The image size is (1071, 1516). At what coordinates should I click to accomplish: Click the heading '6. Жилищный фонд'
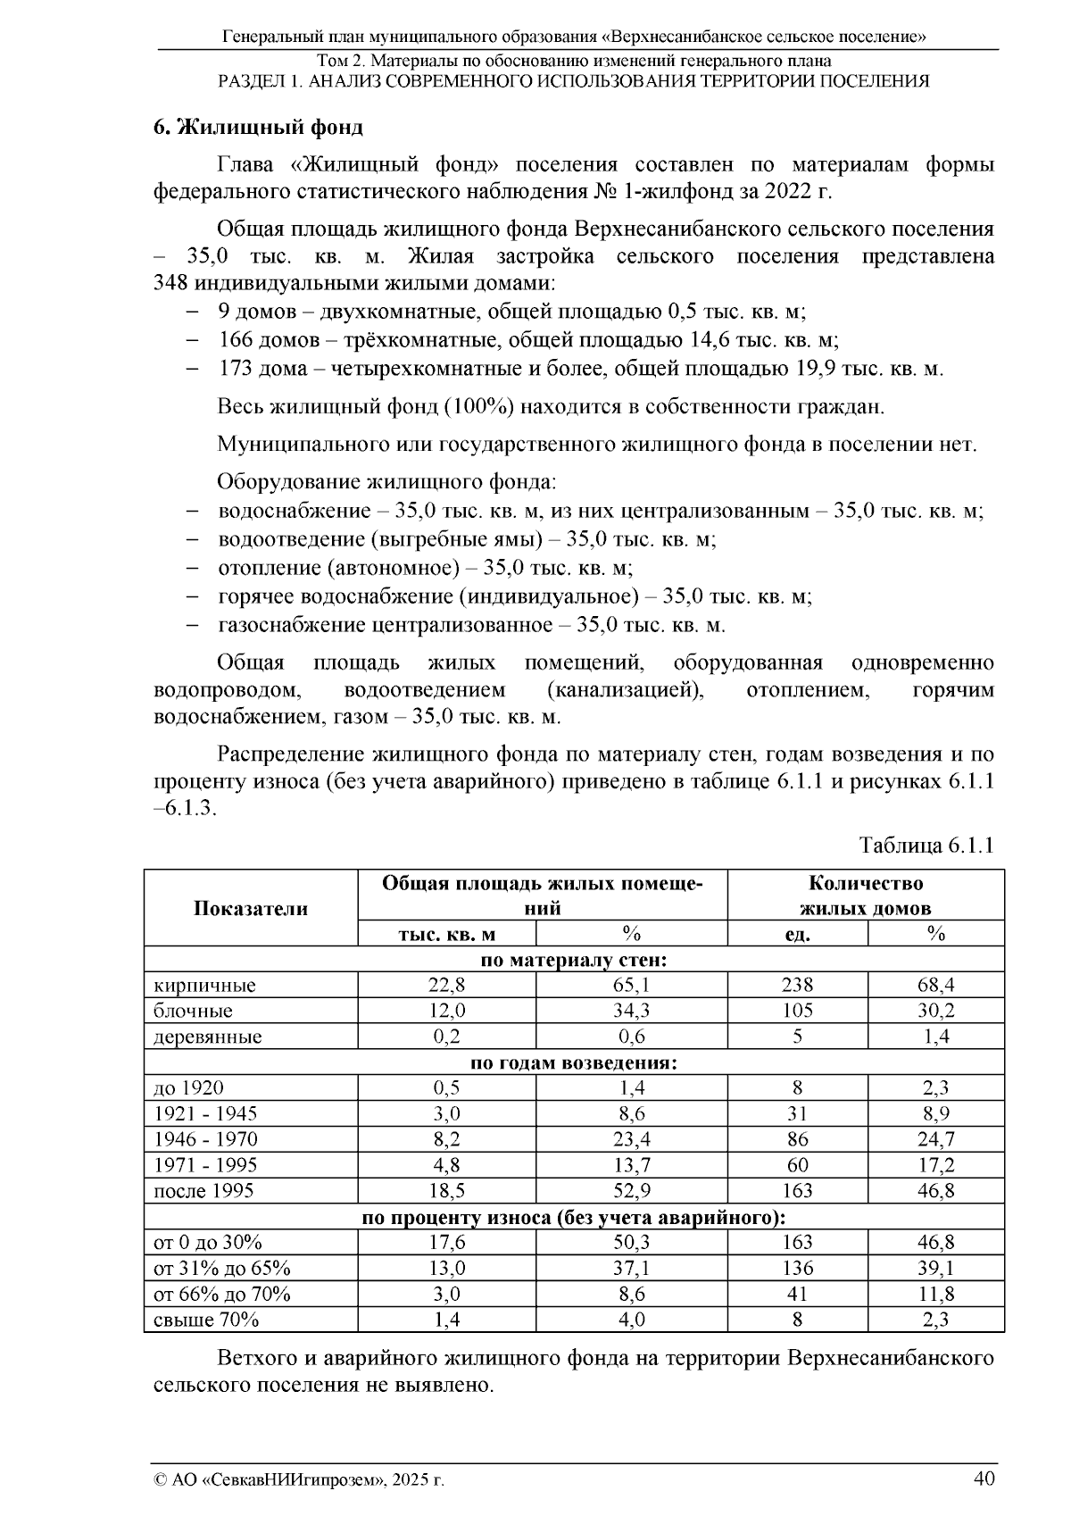258,127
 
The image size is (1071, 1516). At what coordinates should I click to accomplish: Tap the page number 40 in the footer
984,1479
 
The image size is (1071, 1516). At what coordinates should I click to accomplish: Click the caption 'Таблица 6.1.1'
926,845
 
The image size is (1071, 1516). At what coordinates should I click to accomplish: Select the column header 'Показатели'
251,909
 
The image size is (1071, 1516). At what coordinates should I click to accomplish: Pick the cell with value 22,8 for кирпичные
447,986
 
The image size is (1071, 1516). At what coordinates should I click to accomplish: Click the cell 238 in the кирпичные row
797,986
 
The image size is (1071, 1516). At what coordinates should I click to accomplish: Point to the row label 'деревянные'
208,1037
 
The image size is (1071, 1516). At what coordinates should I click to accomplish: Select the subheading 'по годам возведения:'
574,1062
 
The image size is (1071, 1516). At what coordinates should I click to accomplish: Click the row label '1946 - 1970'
206,1139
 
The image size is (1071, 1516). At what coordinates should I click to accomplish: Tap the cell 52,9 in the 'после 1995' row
631,1191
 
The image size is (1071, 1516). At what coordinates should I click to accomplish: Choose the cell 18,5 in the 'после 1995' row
447,1191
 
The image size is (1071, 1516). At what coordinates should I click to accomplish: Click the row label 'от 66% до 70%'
222,1295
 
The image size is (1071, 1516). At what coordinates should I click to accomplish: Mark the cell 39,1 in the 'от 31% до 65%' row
935,1269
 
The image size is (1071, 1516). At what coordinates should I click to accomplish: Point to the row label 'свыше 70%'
206,1320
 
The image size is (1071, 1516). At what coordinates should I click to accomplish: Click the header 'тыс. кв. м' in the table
446,935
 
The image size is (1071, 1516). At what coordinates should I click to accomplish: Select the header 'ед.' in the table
797,935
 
